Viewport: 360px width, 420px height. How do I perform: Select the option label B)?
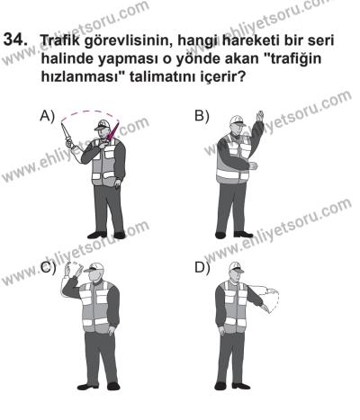(x=201, y=116)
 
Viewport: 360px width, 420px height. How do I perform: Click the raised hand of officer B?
(x=259, y=118)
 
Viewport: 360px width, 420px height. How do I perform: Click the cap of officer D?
(x=236, y=267)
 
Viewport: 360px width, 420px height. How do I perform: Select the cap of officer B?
(x=237, y=118)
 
